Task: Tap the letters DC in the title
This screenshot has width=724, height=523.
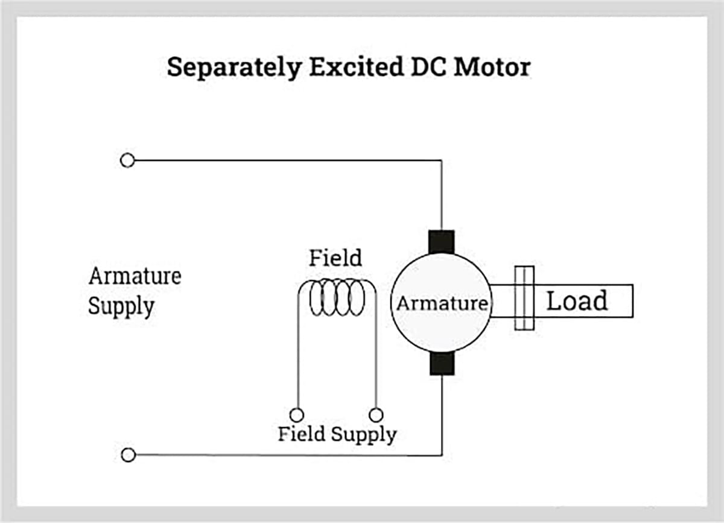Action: pyautogui.click(x=425, y=66)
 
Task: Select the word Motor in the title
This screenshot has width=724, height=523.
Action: pyautogui.click(x=492, y=66)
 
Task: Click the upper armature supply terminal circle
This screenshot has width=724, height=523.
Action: pyautogui.click(x=127, y=160)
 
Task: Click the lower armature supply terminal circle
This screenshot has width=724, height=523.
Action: pyautogui.click(x=128, y=455)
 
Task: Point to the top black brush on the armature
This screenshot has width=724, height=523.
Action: pyautogui.click(x=441, y=242)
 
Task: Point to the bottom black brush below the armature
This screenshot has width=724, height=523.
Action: pyautogui.click(x=441, y=364)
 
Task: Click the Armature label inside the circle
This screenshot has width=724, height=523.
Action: pyautogui.click(x=441, y=303)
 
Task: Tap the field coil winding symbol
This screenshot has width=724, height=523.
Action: pyautogui.click(x=337, y=297)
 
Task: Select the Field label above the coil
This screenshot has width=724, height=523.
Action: pyautogui.click(x=335, y=258)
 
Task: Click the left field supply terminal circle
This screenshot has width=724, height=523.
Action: pyautogui.click(x=296, y=415)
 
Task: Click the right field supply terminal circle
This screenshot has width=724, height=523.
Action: pyautogui.click(x=376, y=415)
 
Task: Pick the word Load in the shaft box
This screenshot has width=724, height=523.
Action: pyautogui.click(x=577, y=300)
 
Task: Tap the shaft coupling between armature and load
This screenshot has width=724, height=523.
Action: pyautogui.click(x=524, y=299)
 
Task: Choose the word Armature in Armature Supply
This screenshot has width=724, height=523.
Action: pyautogui.click(x=135, y=276)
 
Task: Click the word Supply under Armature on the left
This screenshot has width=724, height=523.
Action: pyautogui.click(x=121, y=306)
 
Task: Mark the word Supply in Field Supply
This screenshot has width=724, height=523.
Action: pyautogui.click(x=364, y=434)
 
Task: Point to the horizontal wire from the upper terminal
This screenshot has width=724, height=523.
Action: pyautogui.click(x=284, y=160)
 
